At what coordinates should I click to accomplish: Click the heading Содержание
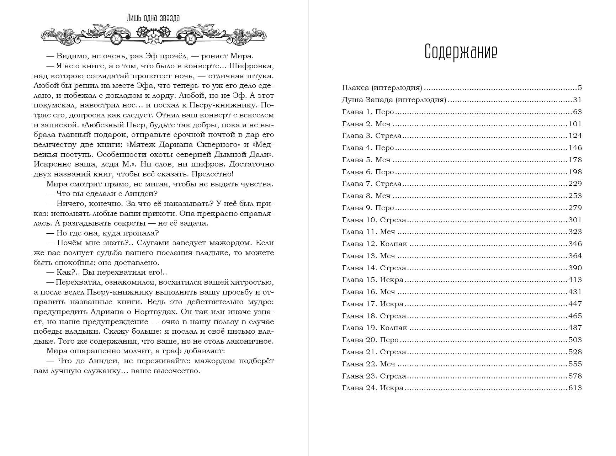click(x=461, y=52)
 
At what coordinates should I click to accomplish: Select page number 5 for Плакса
click(x=580, y=88)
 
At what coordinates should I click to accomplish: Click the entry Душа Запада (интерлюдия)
click(x=394, y=100)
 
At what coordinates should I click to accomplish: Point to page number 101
click(x=575, y=124)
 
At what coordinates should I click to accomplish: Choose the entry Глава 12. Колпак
click(x=375, y=244)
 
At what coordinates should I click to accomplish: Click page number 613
click(x=575, y=388)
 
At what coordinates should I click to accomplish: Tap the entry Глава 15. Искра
click(x=373, y=280)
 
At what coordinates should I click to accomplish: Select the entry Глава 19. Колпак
click(x=375, y=328)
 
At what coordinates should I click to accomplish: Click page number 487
click(x=575, y=328)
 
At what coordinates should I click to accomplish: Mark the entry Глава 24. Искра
click(x=373, y=388)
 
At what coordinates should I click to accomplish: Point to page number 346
click(x=575, y=244)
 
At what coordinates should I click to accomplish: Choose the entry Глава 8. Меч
click(x=366, y=196)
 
